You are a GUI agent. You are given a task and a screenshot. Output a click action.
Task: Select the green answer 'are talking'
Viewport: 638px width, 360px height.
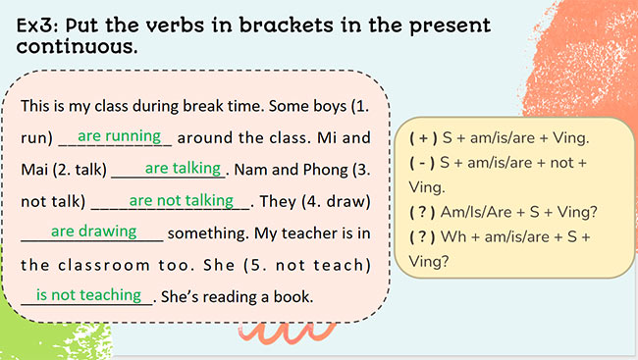pyautogui.click(x=182, y=168)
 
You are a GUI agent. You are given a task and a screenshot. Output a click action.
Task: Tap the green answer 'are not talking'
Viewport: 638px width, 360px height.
pyautogui.click(x=181, y=200)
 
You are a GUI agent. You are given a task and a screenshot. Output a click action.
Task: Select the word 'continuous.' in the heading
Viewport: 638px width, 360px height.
pyautogui.click(x=78, y=46)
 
